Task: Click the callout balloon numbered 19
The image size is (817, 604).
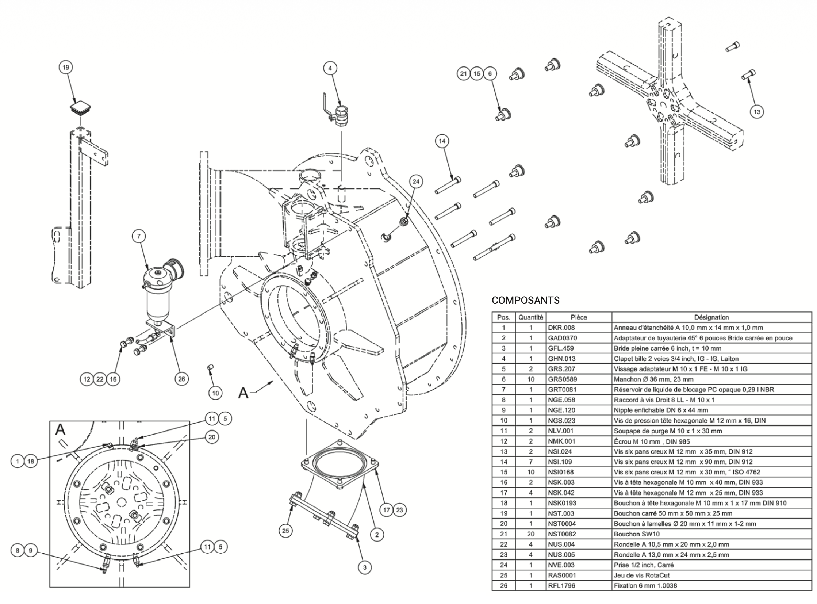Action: (x=66, y=67)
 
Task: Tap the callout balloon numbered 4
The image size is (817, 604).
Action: (x=330, y=68)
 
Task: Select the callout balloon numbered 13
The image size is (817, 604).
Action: (x=757, y=111)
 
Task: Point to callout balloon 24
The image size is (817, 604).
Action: (x=416, y=181)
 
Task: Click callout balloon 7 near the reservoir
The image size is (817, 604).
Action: (x=139, y=237)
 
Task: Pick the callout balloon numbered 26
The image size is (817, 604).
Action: (x=182, y=379)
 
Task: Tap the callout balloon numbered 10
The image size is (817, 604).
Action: (x=215, y=393)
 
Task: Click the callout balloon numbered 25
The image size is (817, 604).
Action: (x=285, y=531)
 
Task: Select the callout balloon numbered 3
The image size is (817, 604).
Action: (x=364, y=567)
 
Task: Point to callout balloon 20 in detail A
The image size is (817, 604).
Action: (x=212, y=437)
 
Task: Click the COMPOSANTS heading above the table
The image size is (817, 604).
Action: (x=525, y=301)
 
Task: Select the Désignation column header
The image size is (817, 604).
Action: (x=711, y=317)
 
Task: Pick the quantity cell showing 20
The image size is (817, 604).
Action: (x=531, y=534)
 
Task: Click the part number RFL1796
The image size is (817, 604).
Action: (x=561, y=586)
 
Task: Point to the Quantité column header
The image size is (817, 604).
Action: (x=531, y=317)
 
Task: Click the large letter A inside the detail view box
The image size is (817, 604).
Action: (x=60, y=430)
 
